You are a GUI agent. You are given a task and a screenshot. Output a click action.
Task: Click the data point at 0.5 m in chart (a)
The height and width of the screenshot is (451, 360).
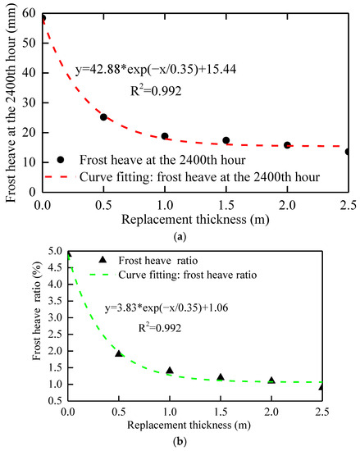tap(103, 117)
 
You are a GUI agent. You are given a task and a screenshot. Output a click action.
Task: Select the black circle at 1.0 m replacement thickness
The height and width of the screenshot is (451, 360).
tap(165, 136)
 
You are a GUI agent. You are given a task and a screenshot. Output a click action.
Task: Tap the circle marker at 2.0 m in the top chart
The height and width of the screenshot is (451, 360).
tap(287, 145)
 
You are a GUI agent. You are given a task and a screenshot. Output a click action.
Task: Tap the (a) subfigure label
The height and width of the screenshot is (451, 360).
tap(180, 235)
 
